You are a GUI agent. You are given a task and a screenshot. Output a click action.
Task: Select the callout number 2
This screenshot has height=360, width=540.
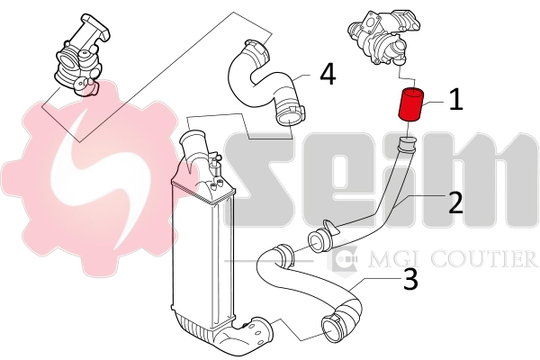point(455,202)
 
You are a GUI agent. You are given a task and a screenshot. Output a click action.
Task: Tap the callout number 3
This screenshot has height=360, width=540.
point(409,280)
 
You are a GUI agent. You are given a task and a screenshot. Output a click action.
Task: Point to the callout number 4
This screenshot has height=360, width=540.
point(327,74)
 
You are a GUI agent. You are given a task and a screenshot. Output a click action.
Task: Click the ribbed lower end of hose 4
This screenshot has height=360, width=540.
point(290,113)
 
